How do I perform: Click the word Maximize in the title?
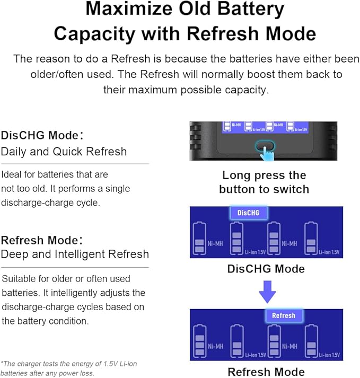tap(129, 9)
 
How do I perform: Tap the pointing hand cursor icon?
tap(267, 153)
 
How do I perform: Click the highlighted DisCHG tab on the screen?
tap(248, 213)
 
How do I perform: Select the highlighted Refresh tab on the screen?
tap(284, 315)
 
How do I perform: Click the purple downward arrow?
tap(267, 292)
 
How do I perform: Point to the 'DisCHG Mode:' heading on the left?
tap(42, 135)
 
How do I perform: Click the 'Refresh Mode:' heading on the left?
tap(42, 240)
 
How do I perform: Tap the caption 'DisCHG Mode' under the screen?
tap(266, 269)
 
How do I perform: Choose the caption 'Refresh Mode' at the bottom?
tap(266, 372)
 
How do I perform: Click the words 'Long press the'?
tap(264, 175)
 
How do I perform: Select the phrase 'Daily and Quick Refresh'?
tap(64, 152)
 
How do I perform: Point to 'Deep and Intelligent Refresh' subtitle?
tap(75, 254)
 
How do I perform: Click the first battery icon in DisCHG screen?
tap(200, 238)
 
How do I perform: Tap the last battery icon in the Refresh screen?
tap(311, 341)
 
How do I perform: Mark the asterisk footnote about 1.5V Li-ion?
tap(69, 368)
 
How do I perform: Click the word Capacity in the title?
tap(94, 34)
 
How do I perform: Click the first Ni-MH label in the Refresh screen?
tap(216, 346)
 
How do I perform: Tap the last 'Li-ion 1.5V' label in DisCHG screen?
tap(329, 252)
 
